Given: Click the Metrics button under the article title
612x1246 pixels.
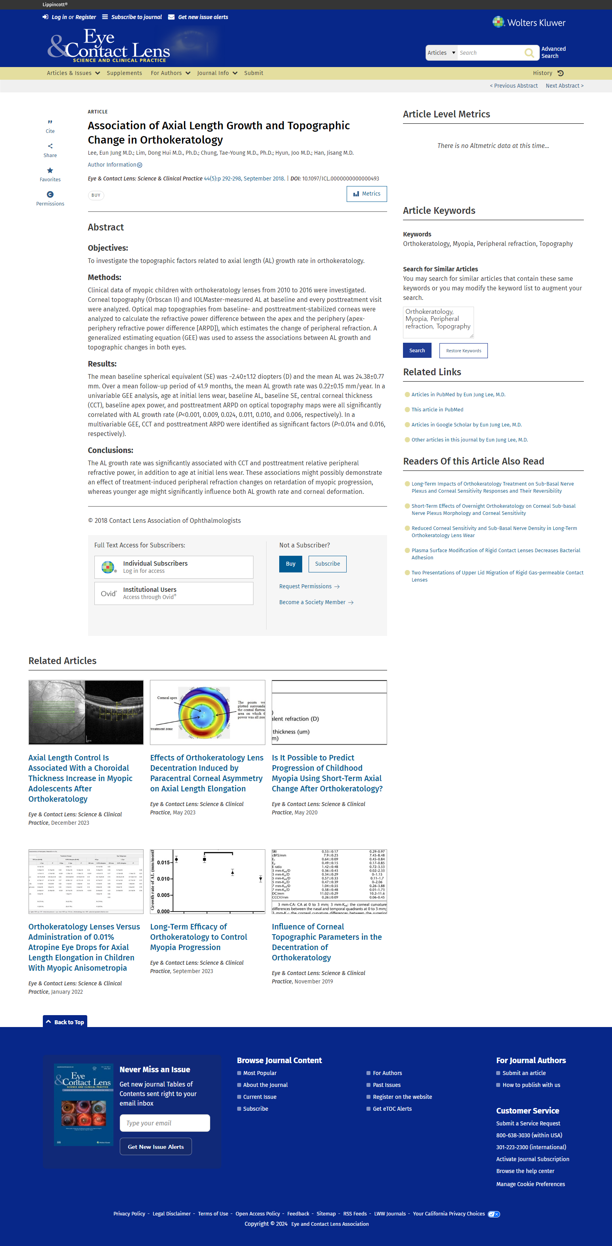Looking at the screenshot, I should coord(367,194).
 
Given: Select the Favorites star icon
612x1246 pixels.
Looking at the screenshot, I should coord(50,171).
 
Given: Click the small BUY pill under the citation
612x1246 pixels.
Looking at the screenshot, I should coord(96,196).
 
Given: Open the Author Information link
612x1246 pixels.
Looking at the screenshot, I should coord(115,165).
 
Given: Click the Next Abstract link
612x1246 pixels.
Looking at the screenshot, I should coord(564,86).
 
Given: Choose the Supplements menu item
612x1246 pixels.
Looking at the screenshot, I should coord(124,73).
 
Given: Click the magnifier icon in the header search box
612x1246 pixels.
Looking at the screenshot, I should coord(529,53).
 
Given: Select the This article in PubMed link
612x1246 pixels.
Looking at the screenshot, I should coord(437,410).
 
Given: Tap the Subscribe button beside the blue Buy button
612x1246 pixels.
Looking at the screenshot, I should coord(327,564).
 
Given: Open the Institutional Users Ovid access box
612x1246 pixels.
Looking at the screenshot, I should coord(174,593).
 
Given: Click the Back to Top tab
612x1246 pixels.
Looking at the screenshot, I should coord(65,1022).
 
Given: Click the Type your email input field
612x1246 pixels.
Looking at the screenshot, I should coord(165,1123).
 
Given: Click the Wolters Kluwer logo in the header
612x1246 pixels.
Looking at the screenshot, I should coord(529,23).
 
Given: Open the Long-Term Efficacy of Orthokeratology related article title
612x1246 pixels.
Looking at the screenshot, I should coord(198,937).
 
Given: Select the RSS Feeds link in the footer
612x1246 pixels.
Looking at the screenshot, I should coord(355,1213).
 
